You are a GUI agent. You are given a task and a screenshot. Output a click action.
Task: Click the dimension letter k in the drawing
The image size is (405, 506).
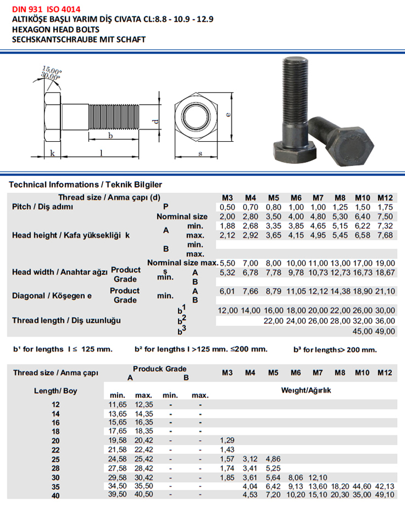click(x=52, y=154)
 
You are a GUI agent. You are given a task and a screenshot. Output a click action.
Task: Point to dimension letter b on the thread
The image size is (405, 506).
click(x=110, y=136)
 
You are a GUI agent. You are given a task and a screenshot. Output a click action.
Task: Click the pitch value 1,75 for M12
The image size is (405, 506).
click(x=385, y=206)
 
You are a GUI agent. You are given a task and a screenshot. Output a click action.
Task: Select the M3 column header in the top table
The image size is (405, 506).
click(x=228, y=197)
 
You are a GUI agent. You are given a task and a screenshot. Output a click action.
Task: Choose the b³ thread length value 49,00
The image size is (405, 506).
click(x=385, y=331)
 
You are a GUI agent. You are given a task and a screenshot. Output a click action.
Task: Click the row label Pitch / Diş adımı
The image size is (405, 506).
click(x=43, y=207)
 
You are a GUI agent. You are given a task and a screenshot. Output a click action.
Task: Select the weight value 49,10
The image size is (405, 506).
click(x=385, y=495)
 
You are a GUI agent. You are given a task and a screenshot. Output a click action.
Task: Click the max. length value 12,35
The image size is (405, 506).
click(x=144, y=404)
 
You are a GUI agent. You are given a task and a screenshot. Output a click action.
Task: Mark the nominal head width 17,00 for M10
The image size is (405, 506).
click(x=362, y=263)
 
